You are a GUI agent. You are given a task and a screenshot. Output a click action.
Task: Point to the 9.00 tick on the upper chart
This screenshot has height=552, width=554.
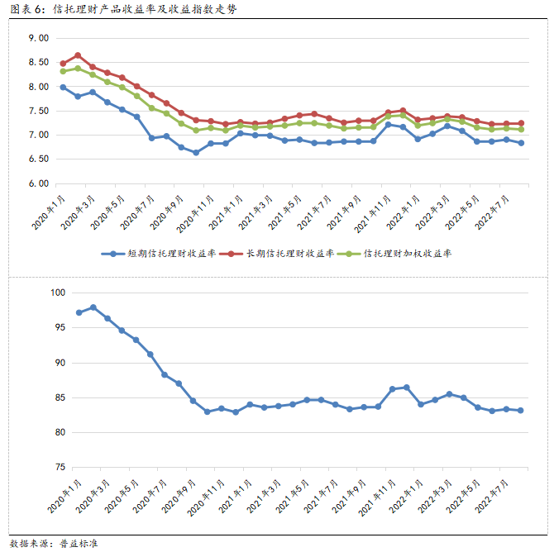(x=38, y=38)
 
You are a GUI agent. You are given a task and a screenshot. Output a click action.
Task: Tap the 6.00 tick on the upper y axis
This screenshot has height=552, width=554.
(x=38, y=183)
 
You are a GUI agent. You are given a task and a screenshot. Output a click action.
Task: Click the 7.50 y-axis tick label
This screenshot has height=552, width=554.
(x=38, y=111)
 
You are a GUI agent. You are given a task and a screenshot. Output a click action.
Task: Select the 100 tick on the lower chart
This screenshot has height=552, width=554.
(x=57, y=293)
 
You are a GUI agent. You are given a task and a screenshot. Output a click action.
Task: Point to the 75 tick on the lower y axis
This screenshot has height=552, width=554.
(x=60, y=468)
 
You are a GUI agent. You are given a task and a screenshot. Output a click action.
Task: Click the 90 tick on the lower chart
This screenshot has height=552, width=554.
(x=60, y=363)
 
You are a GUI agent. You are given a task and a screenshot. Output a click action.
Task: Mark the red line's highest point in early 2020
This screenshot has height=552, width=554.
(x=78, y=55)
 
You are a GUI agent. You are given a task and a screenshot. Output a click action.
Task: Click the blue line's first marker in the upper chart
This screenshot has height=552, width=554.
(x=63, y=87)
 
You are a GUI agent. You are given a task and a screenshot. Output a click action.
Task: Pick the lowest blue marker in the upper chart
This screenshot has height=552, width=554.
(x=196, y=152)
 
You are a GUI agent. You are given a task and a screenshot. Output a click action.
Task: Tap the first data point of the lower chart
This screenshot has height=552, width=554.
(x=79, y=312)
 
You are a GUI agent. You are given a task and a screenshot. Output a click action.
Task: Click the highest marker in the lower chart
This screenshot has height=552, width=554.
(x=93, y=307)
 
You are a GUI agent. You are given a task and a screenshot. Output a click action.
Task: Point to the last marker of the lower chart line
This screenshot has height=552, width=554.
(x=520, y=411)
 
